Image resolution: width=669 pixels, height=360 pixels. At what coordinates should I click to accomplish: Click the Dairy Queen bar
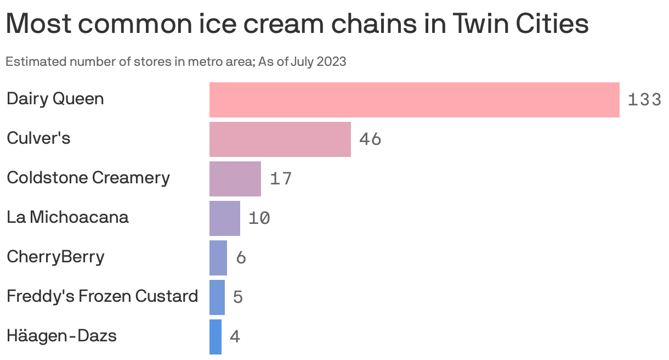click(x=414, y=100)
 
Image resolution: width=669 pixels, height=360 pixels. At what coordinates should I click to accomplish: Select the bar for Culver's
click(x=280, y=139)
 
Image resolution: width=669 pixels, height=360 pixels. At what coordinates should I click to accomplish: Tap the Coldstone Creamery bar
click(x=235, y=179)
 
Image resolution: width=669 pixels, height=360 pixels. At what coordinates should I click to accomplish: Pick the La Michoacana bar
click(x=224, y=218)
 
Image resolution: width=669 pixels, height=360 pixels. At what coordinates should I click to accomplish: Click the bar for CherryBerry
click(x=218, y=258)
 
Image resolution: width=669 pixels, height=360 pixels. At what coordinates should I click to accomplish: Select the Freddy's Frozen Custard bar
click(x=217, y=297)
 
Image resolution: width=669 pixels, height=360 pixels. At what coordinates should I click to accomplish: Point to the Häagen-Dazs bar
click(x=216, y=337)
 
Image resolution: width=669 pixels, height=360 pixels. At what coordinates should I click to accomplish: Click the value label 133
click(x=644, y=100)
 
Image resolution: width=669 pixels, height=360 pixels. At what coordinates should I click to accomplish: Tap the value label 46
click(x=370, y=139)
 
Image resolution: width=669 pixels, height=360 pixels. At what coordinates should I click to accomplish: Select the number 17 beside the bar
click(x=281, y=179)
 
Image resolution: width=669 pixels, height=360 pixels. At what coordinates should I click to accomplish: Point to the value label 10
click(x=259, y=218)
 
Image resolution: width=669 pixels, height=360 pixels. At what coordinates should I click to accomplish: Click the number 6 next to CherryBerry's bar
click(x=241, y=258)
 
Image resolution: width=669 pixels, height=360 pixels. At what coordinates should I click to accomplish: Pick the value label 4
click(x=235, y=337)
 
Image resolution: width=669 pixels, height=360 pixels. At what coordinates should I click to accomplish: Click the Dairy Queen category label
click(x=55, y=99)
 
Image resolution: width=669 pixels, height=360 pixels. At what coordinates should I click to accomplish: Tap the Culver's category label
click(x=38, y=138)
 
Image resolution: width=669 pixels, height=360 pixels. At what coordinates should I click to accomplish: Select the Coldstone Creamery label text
click(x=88, y=178)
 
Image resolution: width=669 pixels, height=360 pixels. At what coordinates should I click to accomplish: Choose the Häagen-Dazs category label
click(x=61, y=335)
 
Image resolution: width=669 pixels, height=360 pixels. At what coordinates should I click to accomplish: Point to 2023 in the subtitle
click(x=332, y=61)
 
